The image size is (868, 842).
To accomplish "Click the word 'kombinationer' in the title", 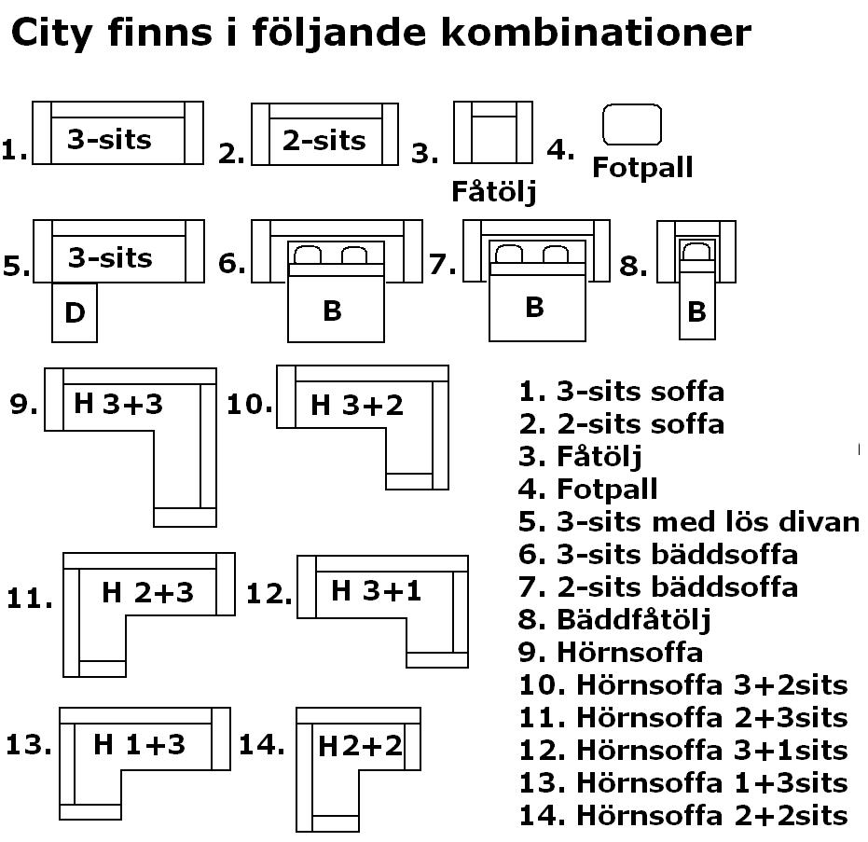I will click(594, 33).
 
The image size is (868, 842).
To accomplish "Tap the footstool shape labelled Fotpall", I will click(632, 124).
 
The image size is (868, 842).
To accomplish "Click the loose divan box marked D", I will click(75, 313).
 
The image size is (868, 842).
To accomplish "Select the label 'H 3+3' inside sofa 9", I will click(118, 404).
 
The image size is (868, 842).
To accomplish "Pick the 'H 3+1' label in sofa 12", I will click(376, 590).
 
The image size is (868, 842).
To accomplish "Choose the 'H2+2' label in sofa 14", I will click(359, 746).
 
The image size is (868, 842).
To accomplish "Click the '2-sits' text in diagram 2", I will click(324, 141).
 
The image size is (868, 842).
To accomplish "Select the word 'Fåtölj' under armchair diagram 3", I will click(494, 192).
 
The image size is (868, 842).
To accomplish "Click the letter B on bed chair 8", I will click(696, 312).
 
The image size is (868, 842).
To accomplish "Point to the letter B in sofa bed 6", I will click(332, 311).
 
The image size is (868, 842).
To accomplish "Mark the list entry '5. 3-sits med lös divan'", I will click(689, 521).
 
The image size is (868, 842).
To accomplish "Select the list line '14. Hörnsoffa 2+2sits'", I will click(683, 815).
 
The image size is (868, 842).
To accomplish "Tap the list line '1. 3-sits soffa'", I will click(621, 391).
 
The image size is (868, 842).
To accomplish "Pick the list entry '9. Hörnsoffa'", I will click(610, 652).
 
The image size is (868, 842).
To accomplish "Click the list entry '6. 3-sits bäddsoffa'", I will click(658, 554).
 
